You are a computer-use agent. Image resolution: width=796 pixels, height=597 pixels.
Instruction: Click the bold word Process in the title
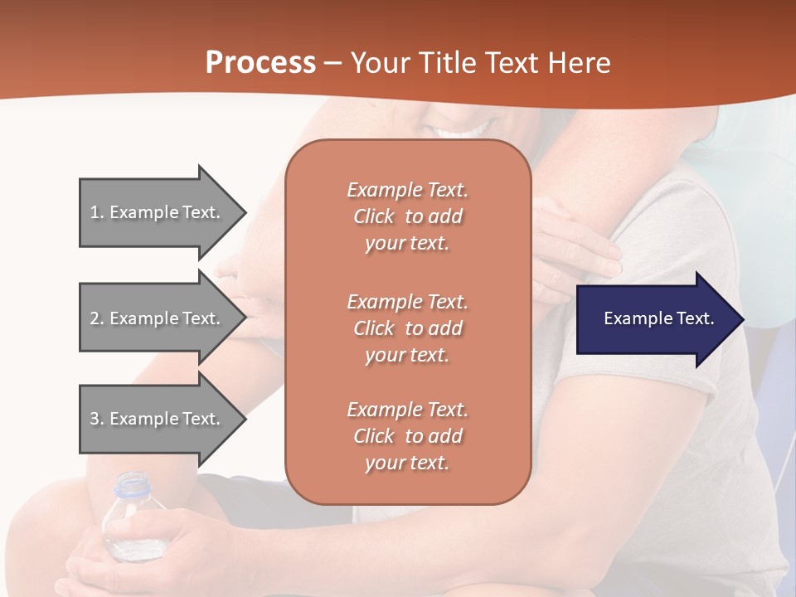pyautogui.click(x=260, y=63)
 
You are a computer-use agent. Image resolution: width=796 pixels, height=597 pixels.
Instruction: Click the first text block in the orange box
pyautogui.click(x=407, y=216)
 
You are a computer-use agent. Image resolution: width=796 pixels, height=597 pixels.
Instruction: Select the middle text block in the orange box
pyautogui.click(x=407, y=328)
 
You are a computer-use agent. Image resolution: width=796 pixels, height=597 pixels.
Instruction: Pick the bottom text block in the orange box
pyautogui.click(x=407, y=436)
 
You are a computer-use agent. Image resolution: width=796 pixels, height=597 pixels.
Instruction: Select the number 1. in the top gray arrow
pyautogui.click(x=97, y=212)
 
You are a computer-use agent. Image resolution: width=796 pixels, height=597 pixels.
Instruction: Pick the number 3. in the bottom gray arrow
pyautogui.click(x=97, y=419)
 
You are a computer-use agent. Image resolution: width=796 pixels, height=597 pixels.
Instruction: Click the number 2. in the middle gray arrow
pyautogui.click(x=97, y=318)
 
